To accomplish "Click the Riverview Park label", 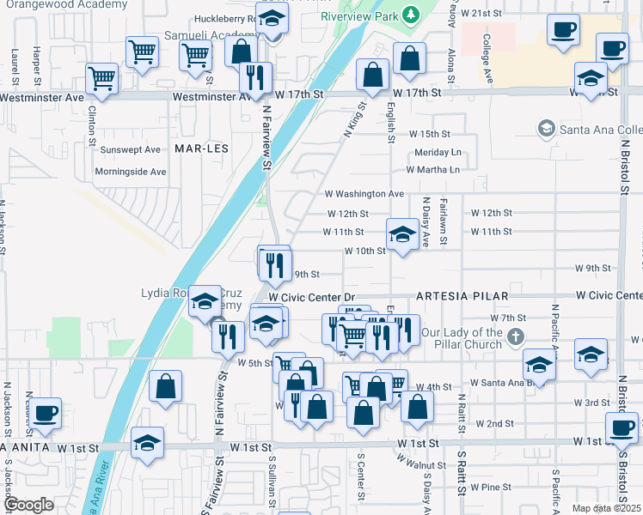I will (x=360, y=16).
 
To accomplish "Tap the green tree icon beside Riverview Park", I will (x=411, y=15).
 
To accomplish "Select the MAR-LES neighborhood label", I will (x=200, y=148).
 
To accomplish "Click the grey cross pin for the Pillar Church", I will (x=515, y=334).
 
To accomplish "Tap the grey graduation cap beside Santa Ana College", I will (x=545, y=130).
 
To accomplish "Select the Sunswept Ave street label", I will (x=131, y=149).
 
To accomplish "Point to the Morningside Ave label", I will (x=132, y=172).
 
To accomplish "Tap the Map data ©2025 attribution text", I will (x=606, y=508).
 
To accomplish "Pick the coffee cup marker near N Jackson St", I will (x=46, y=412).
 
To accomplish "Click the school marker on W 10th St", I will (x=401, y=235).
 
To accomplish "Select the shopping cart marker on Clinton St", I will (x=102, y=78).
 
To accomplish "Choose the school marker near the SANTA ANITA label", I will (x=147, y=443).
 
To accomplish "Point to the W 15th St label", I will (x=430, y=135).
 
